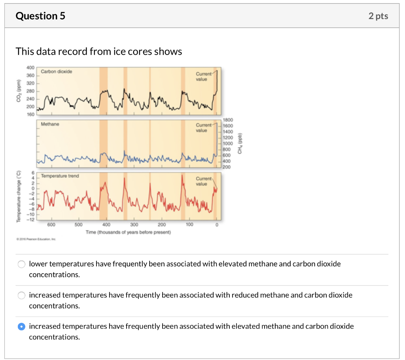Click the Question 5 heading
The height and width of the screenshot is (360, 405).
pyautogui.click(x=40, y=16)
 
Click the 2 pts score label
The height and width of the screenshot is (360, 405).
pyautogui.click(x=378, y=16)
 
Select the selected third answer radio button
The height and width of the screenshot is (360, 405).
pyautogui.click(x=22, y=327)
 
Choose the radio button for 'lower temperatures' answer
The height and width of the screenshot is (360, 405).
pyautogui.click(x=22, y=264)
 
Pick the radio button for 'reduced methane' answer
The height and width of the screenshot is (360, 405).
pyautogui.click(x=22, y=295)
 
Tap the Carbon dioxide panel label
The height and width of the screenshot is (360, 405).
pyautogui.click(x=57, y=72)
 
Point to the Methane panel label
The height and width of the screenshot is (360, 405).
pyautogui.click(x=50, y=124)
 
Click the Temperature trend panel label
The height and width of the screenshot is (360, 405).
pyautogui.click(x=60, y=176)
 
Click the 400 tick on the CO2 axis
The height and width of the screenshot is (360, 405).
pyautogui.click(x=30, y=68)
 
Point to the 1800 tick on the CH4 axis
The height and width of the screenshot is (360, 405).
pyautogui.click(x=229, y=119)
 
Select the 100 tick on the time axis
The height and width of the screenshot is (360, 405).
pyautogui.click(x=189, y=225)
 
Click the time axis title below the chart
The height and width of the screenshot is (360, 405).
pyautogui.click(x=128, y=232)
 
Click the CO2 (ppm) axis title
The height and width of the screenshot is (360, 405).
pyautogui.click(x=18, y=91)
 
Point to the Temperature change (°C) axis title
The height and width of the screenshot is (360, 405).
pyautogui.click(x=18, y=196)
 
